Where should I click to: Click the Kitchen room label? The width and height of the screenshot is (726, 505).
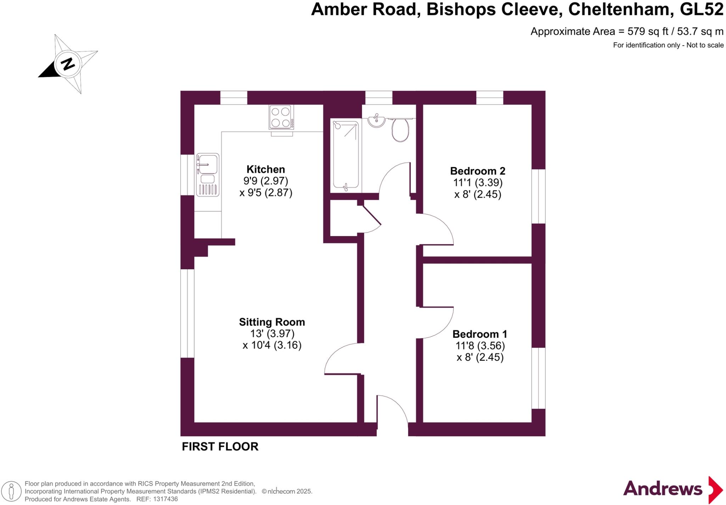point(266,169)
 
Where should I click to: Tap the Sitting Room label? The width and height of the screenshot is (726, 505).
point(272,322)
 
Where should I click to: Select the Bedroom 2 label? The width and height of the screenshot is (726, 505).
point(478,171)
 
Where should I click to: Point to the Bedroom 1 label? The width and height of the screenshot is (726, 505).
point(480,334)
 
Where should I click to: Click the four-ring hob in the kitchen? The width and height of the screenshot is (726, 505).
point(281,117)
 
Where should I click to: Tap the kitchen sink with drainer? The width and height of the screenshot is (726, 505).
point(208,175)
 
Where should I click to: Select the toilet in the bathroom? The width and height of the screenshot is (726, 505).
point(400,129)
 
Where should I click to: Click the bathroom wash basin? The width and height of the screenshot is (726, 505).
point(376,120)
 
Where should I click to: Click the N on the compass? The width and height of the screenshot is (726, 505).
point(68,64)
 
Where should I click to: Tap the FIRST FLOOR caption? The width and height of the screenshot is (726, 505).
point(220,447)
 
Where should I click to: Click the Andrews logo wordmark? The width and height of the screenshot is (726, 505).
point(663,489)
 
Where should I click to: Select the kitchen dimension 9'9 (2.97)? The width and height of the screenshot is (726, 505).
point(266,181)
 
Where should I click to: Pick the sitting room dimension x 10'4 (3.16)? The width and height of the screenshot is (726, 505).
point(272,345)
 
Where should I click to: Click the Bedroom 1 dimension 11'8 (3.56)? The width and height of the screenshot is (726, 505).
point(480,346)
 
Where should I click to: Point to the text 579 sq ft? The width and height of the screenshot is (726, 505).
point(648,32)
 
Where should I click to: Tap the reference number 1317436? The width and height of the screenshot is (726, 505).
point(165,499)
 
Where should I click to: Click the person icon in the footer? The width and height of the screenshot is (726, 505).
point(11,492)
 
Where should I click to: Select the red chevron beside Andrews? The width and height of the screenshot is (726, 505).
point(715,490)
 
